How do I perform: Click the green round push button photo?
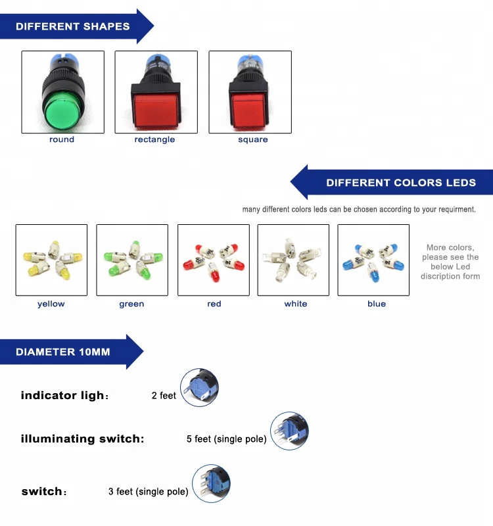pyautogui.click(x=62, y=92)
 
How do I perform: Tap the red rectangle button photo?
pyautogui.click(x=156, y=92)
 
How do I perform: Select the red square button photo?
pyautogui.click(x=250, y=92)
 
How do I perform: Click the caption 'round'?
pyautogui.click(x=62, y=139)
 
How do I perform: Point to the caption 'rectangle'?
pyautogui.click(x=154, y=139)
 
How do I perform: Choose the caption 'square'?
pyautogui.click(x=253, y=139)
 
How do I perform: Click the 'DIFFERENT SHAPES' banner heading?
pyautogui.click(x=73, y=27)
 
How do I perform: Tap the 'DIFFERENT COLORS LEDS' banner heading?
pyautogui.click(x=401, y=183)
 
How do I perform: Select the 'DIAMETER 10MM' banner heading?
pyautogui.click(x=63, y=352)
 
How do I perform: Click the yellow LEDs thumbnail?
pyautogui.click(x=51, y=260)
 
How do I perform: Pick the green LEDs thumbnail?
pyautogui.click(x=132, y=260)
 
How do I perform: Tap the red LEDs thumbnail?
pyautogui.click(x=214, y=260)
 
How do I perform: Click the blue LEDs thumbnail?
pyautogui.click(x=373, y=260)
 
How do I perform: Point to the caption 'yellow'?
pyautogui.click(x=51, y=304)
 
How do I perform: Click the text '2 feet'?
pyautogui.click(x=164, y=396)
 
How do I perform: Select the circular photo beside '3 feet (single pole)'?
pyautogui.click(x=211, y=484)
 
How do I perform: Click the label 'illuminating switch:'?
pyautogui.click(x=82, y=439)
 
